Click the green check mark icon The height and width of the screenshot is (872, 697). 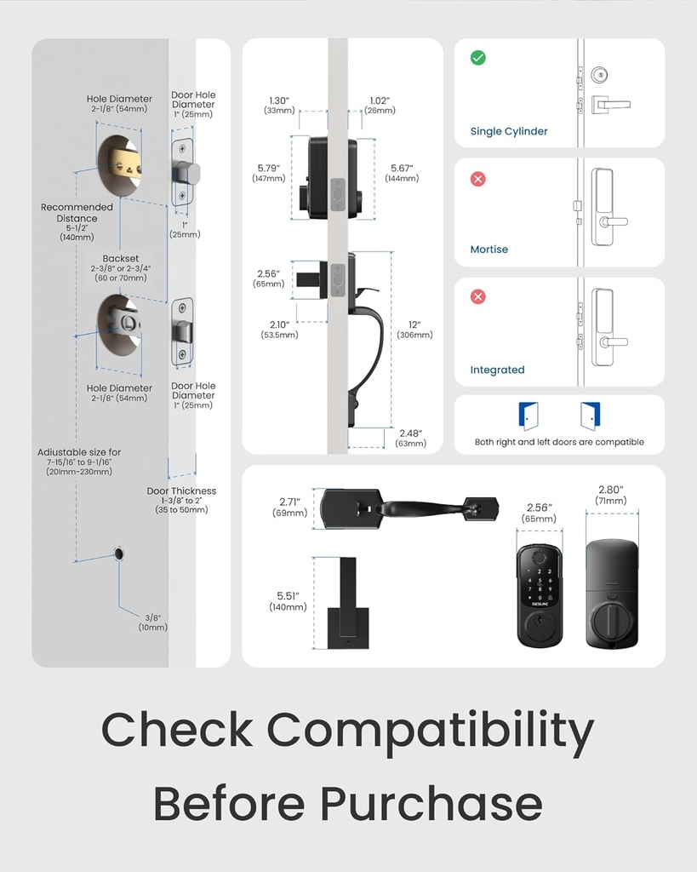point(478,58)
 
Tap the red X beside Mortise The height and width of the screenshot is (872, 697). point(478,179)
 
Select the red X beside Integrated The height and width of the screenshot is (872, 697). point(478,296)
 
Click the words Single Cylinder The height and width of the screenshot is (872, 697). point(509,132)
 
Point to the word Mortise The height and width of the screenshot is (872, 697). point(489,250)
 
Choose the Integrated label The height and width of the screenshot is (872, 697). point(497,370)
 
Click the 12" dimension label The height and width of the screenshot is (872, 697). point(414,324)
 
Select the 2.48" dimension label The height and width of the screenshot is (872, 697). point(409,433)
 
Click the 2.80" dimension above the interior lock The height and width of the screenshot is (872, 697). point(610,490)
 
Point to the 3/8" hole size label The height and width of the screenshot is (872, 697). point(153,617)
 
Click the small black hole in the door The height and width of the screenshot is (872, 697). point(118,555)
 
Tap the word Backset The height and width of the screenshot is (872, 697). point(121,258)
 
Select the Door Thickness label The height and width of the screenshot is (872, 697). point(181,490)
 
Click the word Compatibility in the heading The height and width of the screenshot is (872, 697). point(431,731)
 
